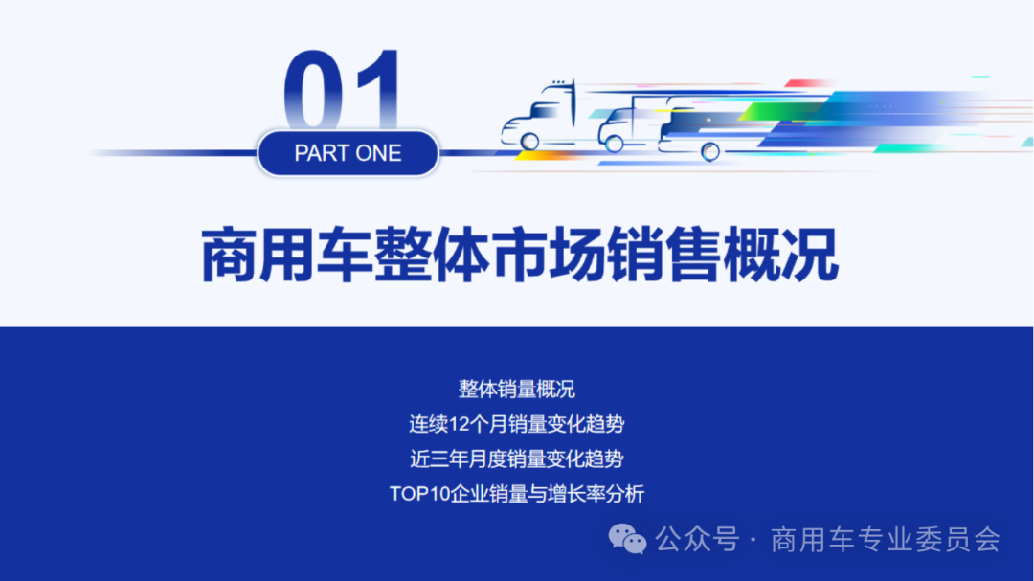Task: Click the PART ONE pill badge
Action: click(348, 153)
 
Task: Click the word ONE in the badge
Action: click(378, 153)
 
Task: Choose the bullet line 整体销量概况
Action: click(517, 389)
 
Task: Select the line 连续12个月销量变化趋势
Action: click(517, 424)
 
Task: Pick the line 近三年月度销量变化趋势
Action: click(517, 459)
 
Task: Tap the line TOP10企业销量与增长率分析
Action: click(517, 495)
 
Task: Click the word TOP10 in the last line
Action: click(417, 495)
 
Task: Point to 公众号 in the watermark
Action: click(697, 540)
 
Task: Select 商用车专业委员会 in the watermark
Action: click(886, 540)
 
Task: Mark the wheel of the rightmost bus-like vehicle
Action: click(710, 150)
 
